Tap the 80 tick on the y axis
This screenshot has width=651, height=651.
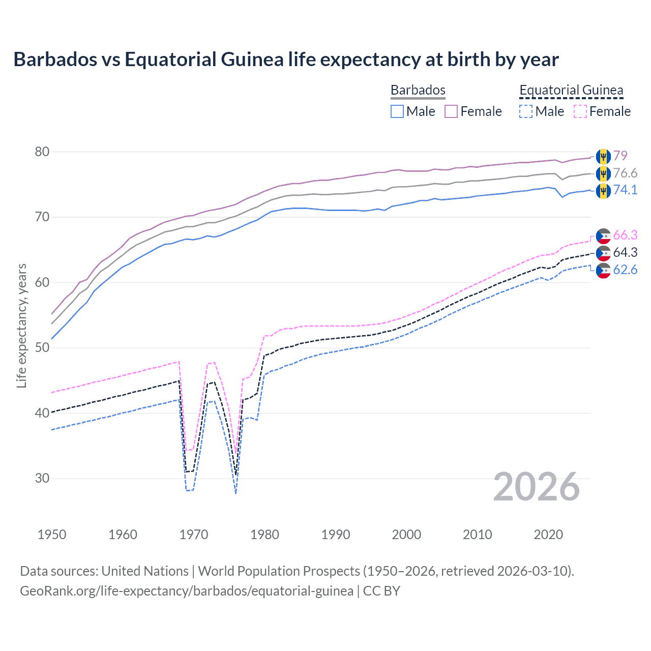pyautogui.click(x=43, y=152)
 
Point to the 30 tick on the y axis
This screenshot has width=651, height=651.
pyautogui.click(x=43, y=478)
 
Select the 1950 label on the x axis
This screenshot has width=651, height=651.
pyautogui.click(x=52, y=535)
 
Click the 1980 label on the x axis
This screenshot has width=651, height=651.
pyautogui.click(x=264, y=535)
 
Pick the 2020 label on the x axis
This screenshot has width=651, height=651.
pyautogui.click(x=548, y=535)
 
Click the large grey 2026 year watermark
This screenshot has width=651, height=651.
pyautogui.click(x=536, y=487)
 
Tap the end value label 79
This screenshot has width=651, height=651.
pyautogui.click(x=620, y=156)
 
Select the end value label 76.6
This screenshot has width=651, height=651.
pyautogui.click(x=625, y=173)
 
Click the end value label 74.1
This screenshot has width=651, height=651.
pyautogui.click(x=625, y=190)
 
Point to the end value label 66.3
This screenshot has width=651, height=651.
pyautogui.click(x=625, y=235)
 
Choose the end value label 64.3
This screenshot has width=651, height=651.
pyautogui.click(x=625, y=252)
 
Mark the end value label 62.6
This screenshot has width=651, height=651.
pyautogui.click(x=625, y=270)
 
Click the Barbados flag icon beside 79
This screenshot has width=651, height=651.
pyautogui.click(x=603, y=156)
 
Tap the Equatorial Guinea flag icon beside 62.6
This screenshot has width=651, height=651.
pyautogui.click(x=603, y=271)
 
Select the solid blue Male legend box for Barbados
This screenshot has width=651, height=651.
pyautogui.click(x=397, y=111)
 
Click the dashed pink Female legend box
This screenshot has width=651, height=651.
pyautogui.click(x=580, y=111)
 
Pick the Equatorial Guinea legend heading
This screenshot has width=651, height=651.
pyautogui.click(x=571, y=90)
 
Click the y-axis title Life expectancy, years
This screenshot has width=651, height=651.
pyautogui.click(x=22, y=325)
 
